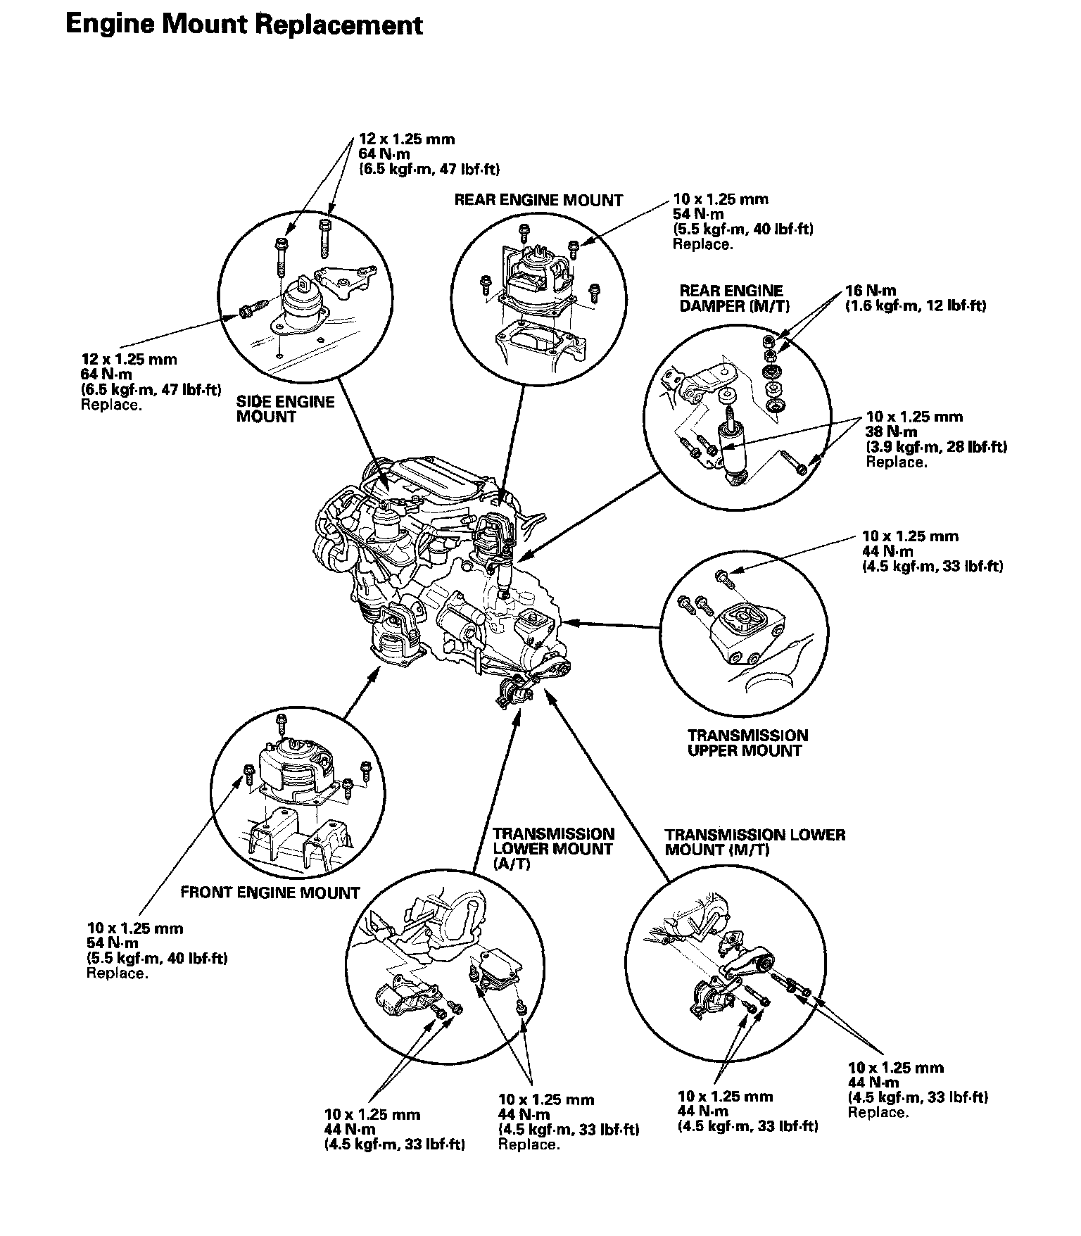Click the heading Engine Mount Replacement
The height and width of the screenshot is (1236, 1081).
pos(244,25)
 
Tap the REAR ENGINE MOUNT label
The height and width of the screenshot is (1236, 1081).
pos(538,201)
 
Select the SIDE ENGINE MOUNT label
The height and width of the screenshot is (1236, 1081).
pos(285,409)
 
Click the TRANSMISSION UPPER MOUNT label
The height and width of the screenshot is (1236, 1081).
pos(748,743)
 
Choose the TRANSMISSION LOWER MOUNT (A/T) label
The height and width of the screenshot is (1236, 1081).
pos(553,848)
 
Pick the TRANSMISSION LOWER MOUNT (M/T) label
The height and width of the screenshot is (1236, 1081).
pos(755,842)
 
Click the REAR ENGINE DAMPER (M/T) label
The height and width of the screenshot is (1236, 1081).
pos(731,298)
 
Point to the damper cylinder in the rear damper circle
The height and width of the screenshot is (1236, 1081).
pos(731,450)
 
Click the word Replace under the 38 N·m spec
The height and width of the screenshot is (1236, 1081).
pos(896,462)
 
